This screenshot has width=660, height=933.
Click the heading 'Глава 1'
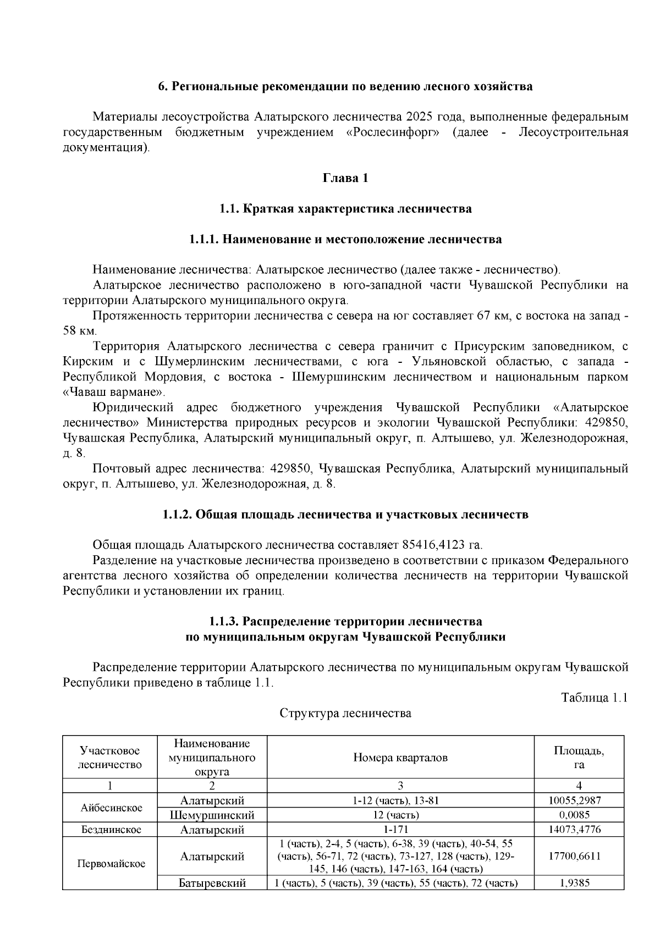coord(345,178)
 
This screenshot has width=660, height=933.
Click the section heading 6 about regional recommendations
coord(345,86)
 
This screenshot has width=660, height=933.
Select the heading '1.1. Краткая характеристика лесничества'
coord(345,209)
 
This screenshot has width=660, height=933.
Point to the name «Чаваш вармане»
coord(114,393)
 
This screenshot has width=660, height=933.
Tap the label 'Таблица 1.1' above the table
coord(594,698)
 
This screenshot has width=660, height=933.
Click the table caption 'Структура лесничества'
coord(345,714)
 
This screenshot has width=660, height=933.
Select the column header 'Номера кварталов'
coord(400,758)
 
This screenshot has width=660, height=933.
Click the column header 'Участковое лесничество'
coord(110,758)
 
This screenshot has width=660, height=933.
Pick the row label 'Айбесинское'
coord(111,808)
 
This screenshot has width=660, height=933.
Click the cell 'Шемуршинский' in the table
coord(212,815)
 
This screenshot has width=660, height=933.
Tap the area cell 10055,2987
coord(579,800)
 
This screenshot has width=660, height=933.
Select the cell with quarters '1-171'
coord(400,829)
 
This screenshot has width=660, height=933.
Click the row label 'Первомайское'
coord(111,863)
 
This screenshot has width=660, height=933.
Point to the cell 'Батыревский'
coord(212,884)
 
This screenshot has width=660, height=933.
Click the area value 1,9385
coord(579,884)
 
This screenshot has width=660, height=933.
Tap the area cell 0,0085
coord(579,815)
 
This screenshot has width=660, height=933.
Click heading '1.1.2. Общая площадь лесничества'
coord(345,515)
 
